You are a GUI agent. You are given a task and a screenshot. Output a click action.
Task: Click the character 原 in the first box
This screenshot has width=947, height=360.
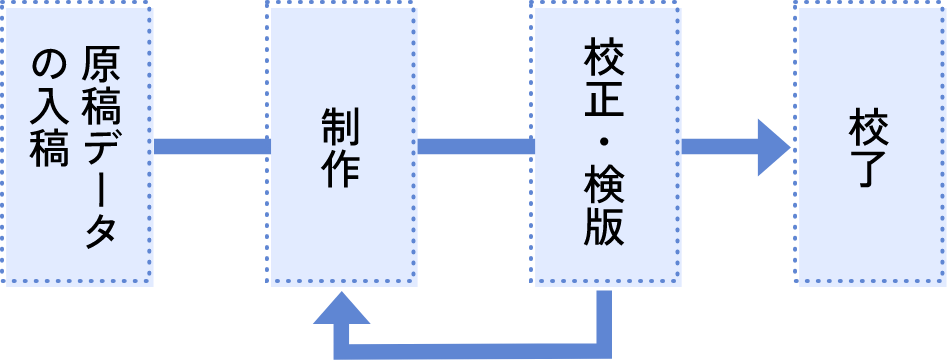point(101,66)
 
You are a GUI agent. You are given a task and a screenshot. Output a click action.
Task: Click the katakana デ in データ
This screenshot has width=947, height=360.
point(101,147)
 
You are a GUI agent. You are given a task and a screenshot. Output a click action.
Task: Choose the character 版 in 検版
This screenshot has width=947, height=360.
point(604,228)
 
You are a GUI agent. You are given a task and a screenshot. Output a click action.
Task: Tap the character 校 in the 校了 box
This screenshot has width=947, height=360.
point(868,127)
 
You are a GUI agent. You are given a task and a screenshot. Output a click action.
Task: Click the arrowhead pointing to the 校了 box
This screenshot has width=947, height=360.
point(774,147)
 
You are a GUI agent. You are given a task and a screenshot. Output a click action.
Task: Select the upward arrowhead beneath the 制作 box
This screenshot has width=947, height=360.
point(341,308)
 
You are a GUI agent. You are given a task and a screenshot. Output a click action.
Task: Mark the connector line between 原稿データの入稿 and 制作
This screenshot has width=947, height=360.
point(212,147)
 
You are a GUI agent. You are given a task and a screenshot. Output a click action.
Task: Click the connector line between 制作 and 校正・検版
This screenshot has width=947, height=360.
point(476,147)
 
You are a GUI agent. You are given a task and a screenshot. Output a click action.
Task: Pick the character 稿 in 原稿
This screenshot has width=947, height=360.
point(101,106)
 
